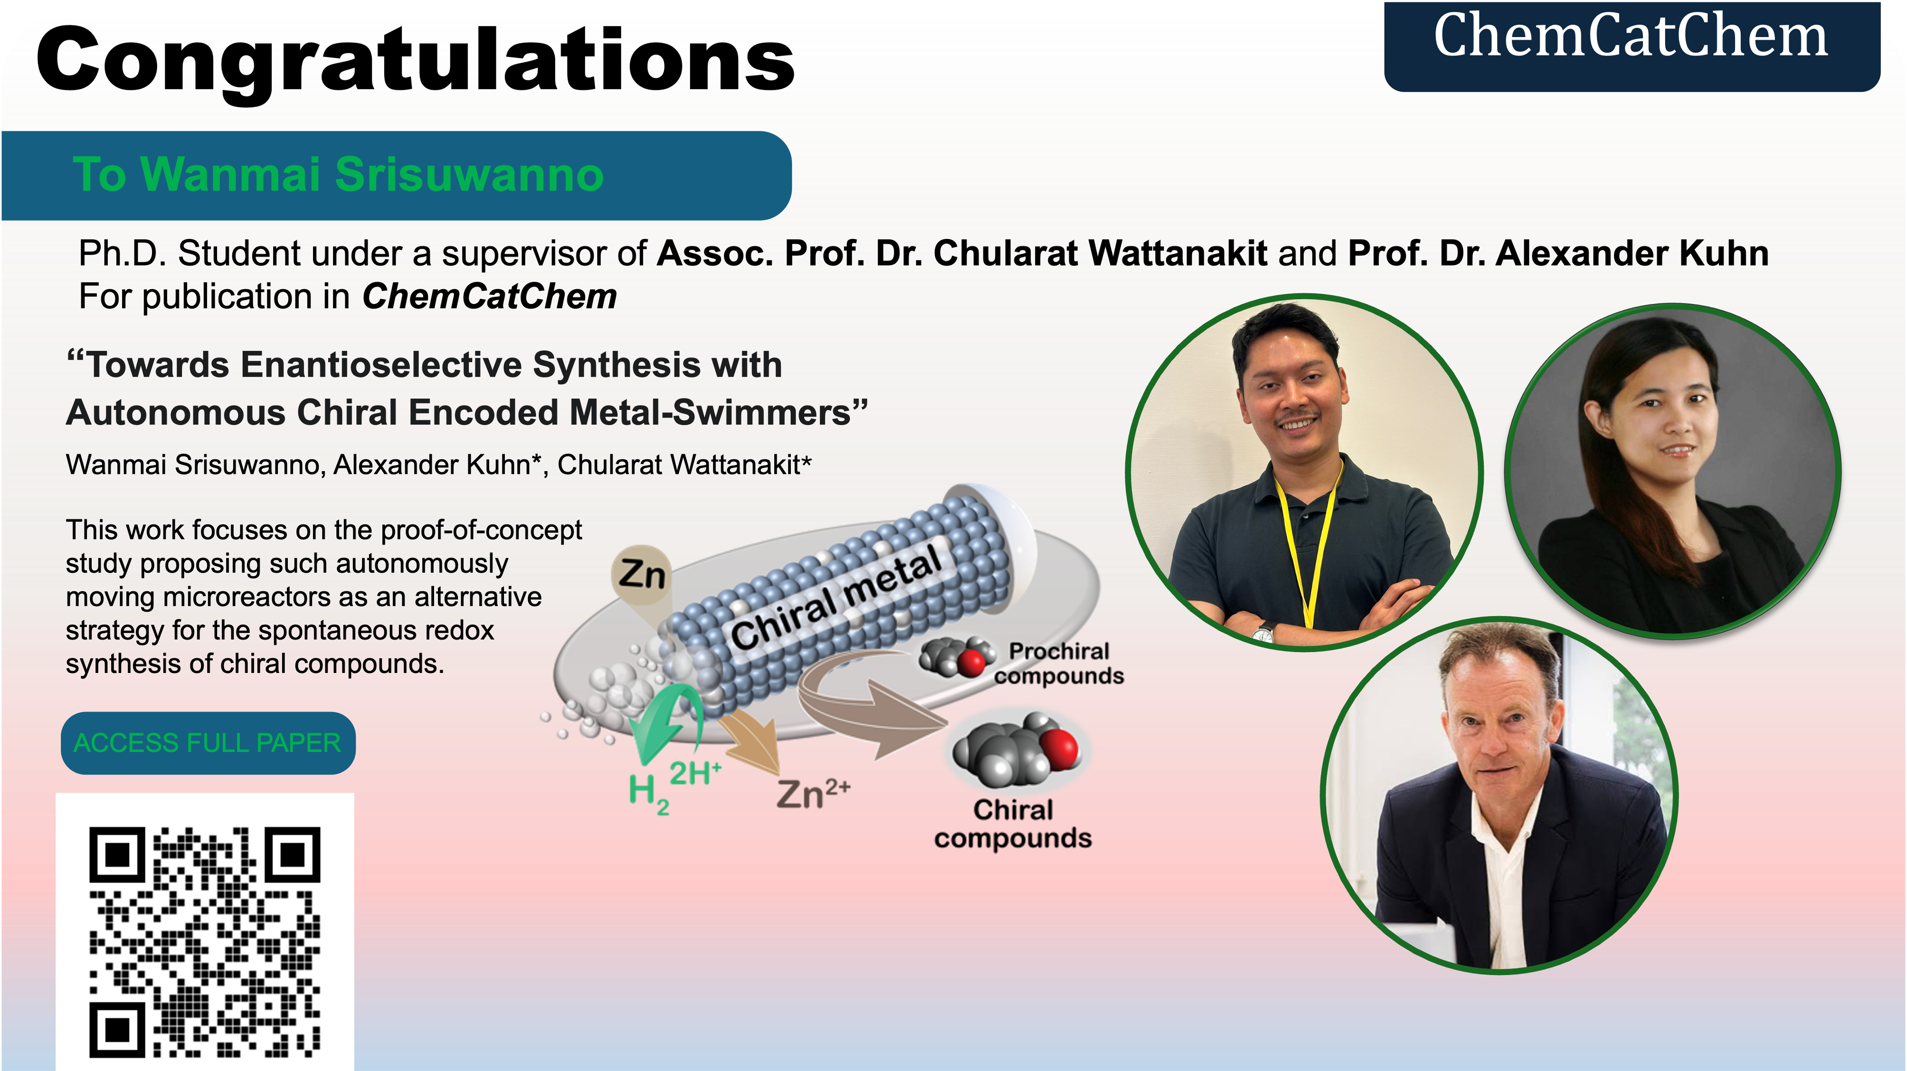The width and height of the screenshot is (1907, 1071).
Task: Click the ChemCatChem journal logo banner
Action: coord(1632,47)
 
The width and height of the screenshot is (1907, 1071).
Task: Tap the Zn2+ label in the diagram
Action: coord(813,794)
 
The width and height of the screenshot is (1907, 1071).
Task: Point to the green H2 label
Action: coord(648,794)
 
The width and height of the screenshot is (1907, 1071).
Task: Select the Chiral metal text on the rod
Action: coord(836,597)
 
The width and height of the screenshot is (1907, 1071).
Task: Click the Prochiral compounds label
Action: coord(1059,663)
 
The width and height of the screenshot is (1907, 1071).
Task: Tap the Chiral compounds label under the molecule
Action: coord(1013,824)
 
